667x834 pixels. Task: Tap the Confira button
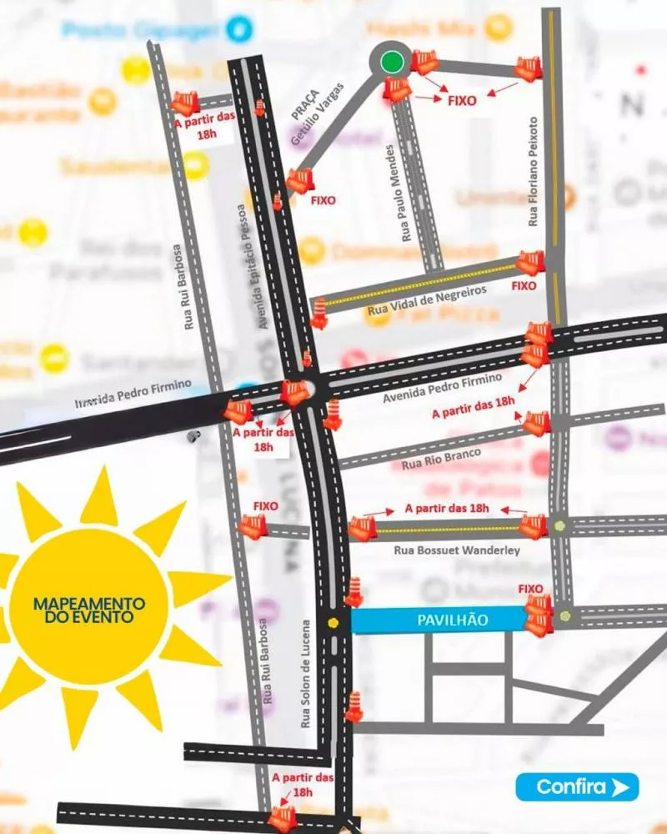coord(577,786)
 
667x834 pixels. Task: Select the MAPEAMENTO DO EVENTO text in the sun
coord(88,610)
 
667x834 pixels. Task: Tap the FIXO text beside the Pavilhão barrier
coord(530,589)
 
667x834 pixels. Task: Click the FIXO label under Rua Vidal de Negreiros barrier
coord(524,286)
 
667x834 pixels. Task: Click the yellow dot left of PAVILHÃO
coord(333,622)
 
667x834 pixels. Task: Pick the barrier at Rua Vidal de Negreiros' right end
coord(530,263)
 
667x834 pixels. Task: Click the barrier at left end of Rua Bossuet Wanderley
coord(362,529)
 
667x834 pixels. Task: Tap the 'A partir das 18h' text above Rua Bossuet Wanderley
coord(446,508)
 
